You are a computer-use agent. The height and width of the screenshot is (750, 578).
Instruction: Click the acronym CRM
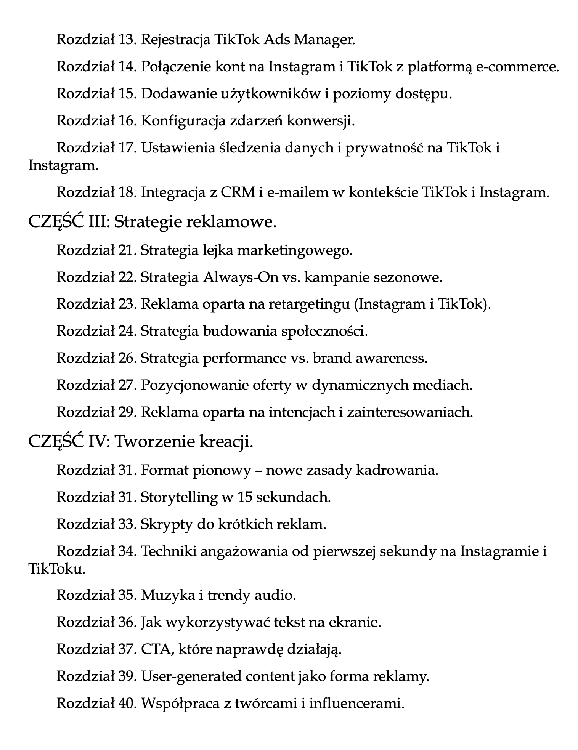click(x=238, y=192)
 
